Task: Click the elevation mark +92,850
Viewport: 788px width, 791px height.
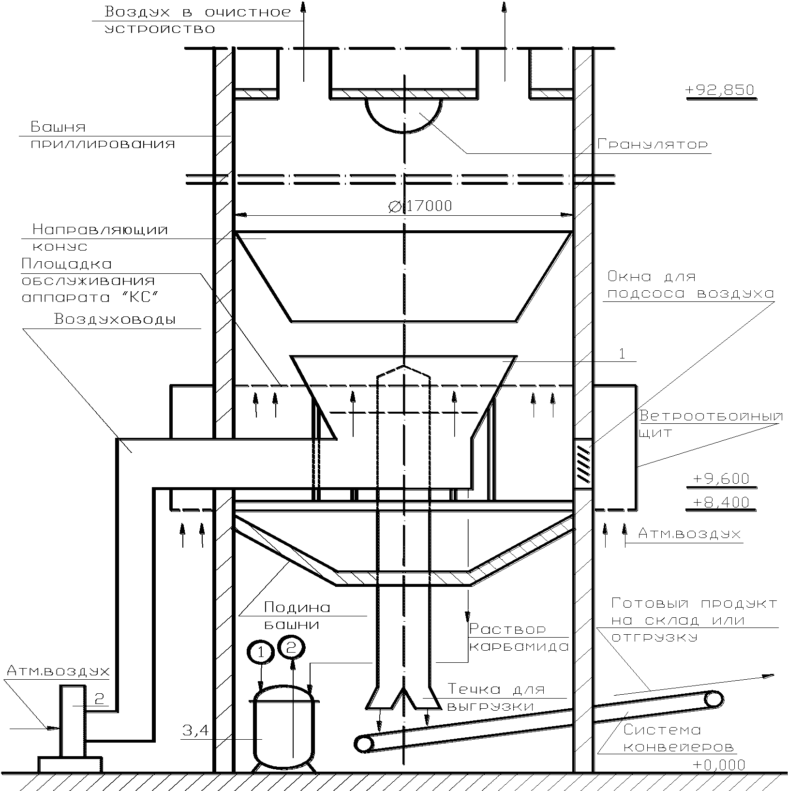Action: (x=720, y=90)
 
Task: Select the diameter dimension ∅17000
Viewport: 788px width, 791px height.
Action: (x=420, y=207)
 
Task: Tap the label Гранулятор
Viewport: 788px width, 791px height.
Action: (x=653, y=144)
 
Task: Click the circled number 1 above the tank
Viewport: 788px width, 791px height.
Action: (x=261, y=653)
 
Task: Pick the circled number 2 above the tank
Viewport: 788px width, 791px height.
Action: (x=291, y=648)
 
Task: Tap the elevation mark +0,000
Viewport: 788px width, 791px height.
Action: (x=719, y=765)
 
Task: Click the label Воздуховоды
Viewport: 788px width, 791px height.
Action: (x=115, y=319)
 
